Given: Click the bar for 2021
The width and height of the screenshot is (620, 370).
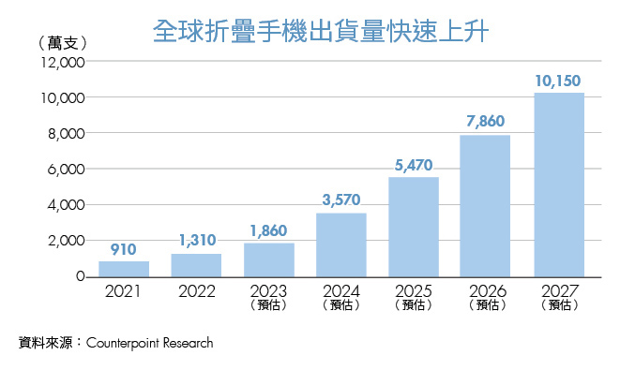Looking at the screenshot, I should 123,269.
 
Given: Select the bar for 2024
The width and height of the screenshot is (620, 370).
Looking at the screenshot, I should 340,245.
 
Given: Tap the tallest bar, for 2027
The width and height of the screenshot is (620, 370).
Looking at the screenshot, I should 558,185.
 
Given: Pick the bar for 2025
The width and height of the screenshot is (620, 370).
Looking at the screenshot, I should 414,227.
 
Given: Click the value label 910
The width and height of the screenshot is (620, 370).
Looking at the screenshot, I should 123,250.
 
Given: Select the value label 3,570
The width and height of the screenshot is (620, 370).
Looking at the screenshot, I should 340,200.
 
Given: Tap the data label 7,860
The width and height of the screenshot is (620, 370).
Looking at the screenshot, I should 486,123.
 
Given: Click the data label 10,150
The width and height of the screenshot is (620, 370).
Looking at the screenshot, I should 558,81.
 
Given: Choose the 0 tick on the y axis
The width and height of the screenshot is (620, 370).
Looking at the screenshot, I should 81,277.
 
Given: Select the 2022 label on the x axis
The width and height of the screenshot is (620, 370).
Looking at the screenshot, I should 195,290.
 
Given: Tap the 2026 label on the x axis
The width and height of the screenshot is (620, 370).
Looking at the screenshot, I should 486,290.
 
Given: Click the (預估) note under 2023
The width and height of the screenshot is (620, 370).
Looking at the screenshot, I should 268,304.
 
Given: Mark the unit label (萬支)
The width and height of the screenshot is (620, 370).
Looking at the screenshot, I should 64,43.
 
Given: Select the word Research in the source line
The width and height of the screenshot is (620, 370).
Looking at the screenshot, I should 187,343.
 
